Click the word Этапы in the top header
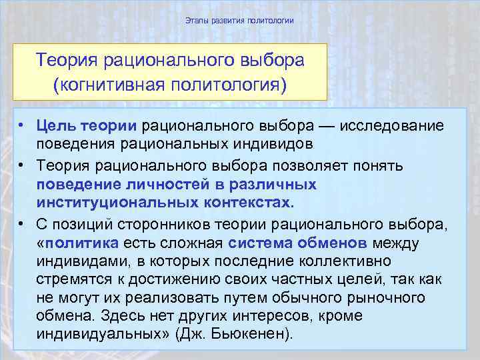(196, 21)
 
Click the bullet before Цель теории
(22, 125)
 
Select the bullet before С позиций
(22, 221)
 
